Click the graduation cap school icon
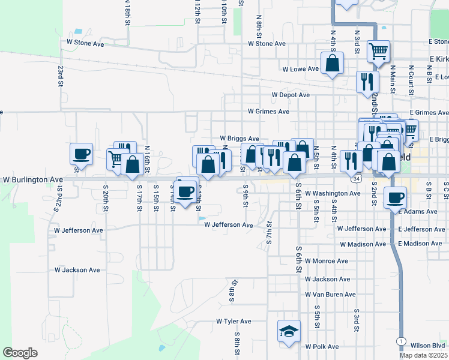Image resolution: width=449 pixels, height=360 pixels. point(289,331)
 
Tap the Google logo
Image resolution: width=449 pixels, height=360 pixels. point(20,353)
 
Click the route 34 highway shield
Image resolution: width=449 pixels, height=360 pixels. point(357,179)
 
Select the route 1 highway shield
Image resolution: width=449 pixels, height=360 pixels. point(400,341)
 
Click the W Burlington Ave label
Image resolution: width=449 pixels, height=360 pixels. point(32,179)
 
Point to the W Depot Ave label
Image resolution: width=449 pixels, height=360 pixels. point(291,95)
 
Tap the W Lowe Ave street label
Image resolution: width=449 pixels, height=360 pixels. point(301,69)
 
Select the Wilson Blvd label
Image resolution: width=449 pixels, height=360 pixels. point(427,346)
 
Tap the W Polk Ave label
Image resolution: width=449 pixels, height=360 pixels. point(322,347)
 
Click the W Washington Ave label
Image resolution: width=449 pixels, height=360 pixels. point(333,194)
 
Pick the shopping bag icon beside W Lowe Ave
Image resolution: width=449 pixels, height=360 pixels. point(332,63)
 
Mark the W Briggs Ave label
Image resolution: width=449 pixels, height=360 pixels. point(239,139)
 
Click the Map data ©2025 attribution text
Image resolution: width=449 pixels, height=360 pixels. point(424,355)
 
